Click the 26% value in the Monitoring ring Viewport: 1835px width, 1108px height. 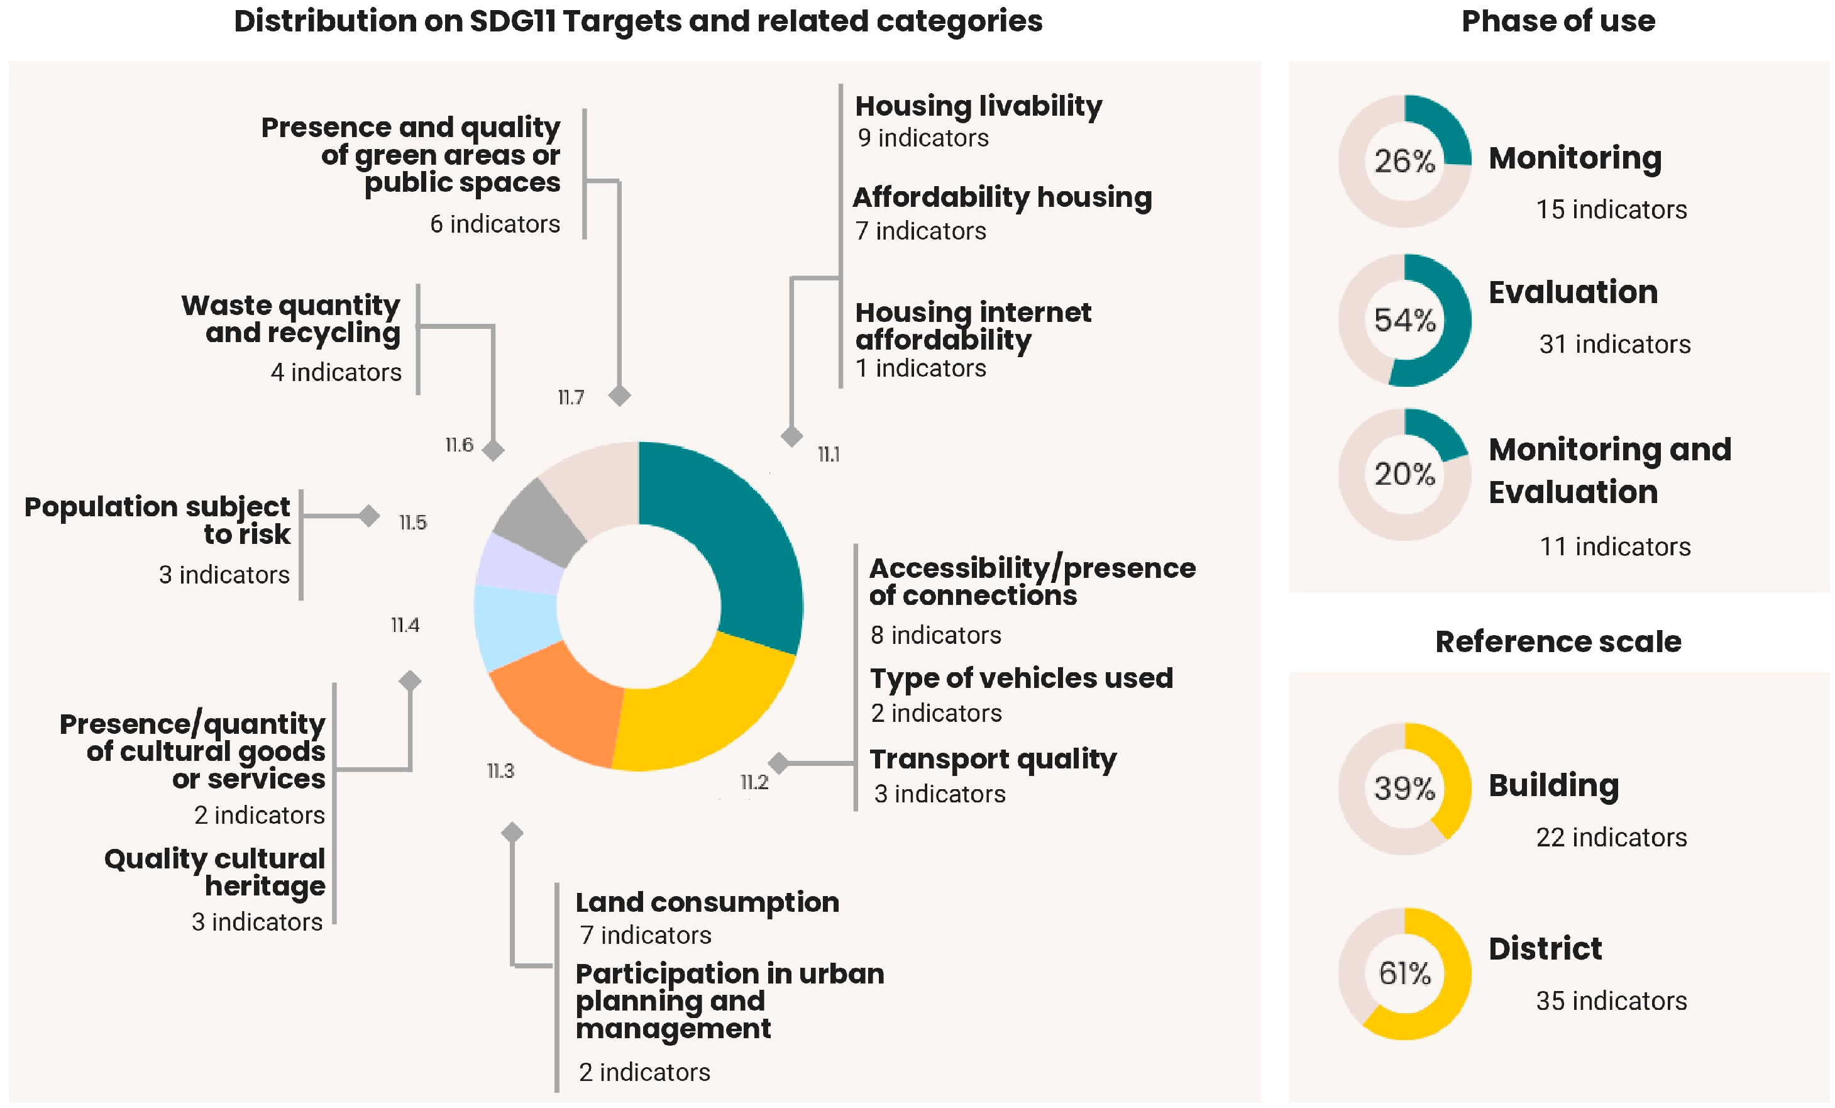coord(1404,161)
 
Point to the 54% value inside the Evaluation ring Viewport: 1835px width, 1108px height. coord(1404,321)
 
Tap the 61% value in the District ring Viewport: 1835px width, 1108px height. coord(1404,973)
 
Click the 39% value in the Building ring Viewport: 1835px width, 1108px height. coord(1404,789)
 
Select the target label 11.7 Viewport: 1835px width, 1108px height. coord(570,397)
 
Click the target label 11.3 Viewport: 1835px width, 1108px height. coord(500,770)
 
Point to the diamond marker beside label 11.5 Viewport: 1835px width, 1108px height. coord(368,516)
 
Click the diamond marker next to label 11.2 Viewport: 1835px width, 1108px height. coord(778,762)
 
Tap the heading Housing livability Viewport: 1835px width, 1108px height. coord(978,106)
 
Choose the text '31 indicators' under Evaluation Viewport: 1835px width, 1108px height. coord(1614,344)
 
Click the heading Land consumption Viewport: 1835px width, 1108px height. coord(707,902)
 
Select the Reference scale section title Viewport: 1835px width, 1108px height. coord(1557,641)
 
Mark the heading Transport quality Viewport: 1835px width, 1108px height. coord(993,759)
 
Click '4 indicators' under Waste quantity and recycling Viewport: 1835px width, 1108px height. coord(336,372)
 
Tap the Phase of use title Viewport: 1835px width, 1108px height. coord(1558,21)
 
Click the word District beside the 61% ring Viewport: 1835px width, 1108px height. coord(1545,948)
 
